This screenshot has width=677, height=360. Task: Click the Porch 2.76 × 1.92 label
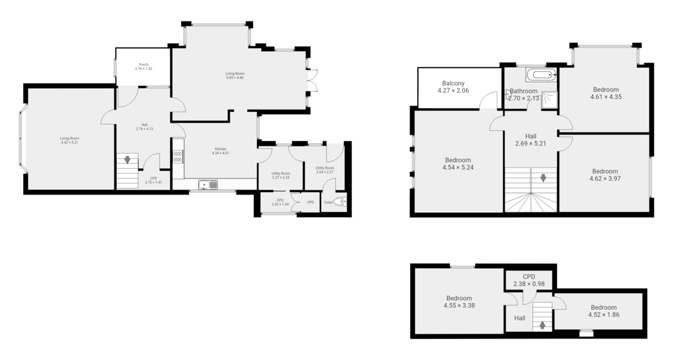tap(143, 67)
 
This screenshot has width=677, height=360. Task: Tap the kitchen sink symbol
tap(208, 184)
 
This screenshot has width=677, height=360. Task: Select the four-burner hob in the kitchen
tap(178, 156)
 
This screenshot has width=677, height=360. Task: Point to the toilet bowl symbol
tap(340, 202)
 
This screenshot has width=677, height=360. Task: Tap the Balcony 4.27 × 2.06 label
tap(453, 87)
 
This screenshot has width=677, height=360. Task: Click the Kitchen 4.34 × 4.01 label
tap(220, 151)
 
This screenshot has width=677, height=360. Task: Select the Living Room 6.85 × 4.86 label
tap(235, 76)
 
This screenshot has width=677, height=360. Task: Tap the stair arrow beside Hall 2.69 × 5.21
tap(543, 178)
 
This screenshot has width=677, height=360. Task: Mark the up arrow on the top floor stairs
tap(542, 324)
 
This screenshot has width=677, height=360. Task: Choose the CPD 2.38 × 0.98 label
tap(529, 280)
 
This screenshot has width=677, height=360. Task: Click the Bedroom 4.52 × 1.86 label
tap(604, 311)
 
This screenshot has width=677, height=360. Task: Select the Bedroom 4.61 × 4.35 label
tap(606, 93)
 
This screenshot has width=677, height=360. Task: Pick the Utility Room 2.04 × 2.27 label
tap(325, 170)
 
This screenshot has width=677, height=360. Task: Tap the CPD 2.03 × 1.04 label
tap(280, 202)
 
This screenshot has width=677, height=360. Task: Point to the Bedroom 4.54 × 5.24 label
tap(458, 164)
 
